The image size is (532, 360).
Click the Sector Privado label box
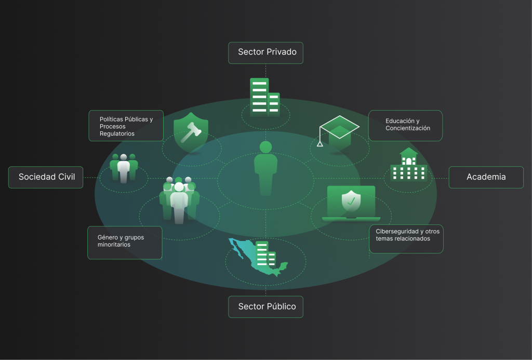[x=265, y=53]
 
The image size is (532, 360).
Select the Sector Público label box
[x=265, y=306]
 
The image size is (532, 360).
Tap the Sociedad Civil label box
[x=46, y=177]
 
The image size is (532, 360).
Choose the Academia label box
[x=486, y=177]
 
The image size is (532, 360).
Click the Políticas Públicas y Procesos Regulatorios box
[x=126, y=126]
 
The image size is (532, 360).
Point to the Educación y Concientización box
[x=405, y=126]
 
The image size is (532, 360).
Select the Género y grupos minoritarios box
[x=125, y=243]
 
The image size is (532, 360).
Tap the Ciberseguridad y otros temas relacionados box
[x=406, y=239]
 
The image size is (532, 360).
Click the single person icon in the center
[x=265, y=168]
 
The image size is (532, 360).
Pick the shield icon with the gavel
[x=191, y=132]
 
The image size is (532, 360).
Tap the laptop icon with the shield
[x=351, y=203]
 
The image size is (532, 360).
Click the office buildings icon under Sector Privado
[x=265, y=97]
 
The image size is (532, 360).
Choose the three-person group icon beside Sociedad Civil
[x=124, y=168]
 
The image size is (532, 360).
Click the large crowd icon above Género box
[x=179, y=200]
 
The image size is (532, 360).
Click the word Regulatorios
[x=117, y=134]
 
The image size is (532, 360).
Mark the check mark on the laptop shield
[x=351, y=202]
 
